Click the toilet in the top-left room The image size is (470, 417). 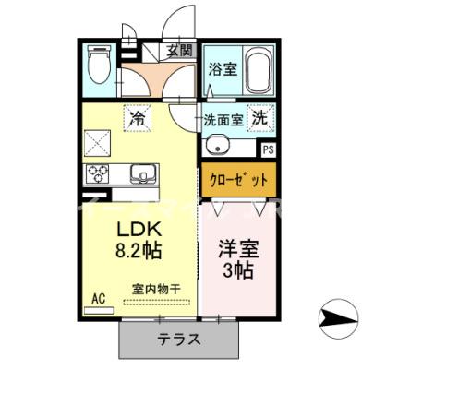97,64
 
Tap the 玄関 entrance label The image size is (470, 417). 180,53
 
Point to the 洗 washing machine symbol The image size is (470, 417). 261,117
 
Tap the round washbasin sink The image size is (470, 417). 218,144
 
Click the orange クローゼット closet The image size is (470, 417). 239,179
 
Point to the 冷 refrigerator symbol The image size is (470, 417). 138,117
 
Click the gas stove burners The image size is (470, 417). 98,173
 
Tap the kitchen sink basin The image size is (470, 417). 142,173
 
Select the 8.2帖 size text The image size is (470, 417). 139,251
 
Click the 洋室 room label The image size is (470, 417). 237,248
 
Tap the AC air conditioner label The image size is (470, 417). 99,298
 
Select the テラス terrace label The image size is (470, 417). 178,339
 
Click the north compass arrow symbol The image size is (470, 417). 337,318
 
